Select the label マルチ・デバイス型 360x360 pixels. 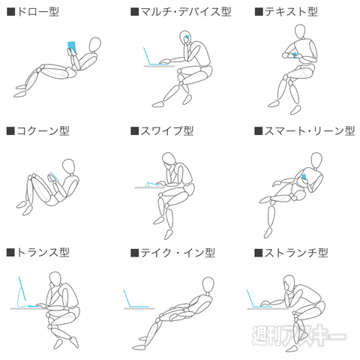tap(185, 12)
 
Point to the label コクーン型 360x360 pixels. tap(42, 130)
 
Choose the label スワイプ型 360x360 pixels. tap(166, 130)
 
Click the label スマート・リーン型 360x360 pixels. tap(308, 130)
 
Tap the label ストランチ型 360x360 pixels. tap(296, 253)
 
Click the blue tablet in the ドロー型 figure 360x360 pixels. tap(73, 46)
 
